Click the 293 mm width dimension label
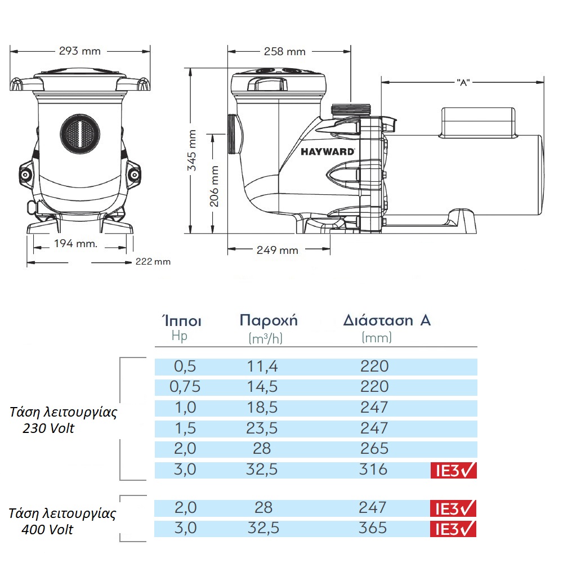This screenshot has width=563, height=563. [79, 51]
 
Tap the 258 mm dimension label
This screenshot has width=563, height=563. [284, 52]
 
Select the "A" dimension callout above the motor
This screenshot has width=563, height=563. [463, 82]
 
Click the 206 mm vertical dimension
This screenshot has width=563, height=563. [214, 186]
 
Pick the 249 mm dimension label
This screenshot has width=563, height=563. [277, 250]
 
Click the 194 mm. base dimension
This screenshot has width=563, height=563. [75, 244]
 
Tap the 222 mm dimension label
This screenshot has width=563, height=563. [153, 262]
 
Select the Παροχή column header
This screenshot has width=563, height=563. [269, 321]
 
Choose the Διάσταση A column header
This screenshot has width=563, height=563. [387, 321]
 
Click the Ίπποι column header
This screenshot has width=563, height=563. [181, 321]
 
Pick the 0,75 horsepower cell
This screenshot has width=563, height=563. [185, 387]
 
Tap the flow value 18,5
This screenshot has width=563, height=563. [262, 407]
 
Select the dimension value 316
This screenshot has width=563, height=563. [374, 468]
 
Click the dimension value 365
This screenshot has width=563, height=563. [374, 528]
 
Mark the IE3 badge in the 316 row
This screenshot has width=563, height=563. [453, 470]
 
